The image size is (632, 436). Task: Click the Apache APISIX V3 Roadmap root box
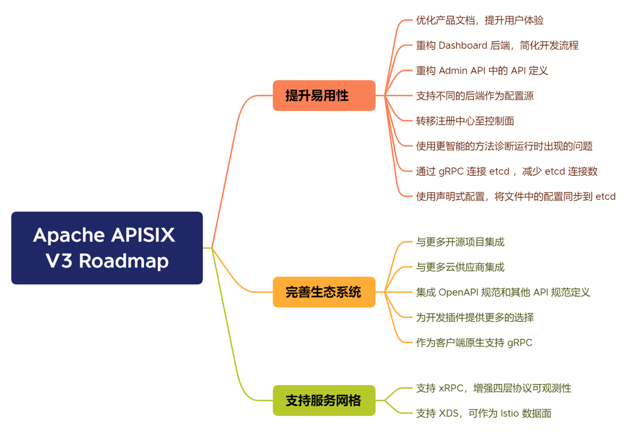(107, 248)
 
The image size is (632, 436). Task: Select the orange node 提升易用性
(324, 95)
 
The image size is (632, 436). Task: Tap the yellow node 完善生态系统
(324, 292)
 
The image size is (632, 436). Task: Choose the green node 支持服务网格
(324, 400)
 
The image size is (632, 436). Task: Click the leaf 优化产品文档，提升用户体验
(479, 20)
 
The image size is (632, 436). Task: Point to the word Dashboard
(463, 45)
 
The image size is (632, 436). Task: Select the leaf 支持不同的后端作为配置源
(474, 96)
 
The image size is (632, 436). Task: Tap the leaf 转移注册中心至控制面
(465, 121)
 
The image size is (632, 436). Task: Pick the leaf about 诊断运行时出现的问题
(504, 146)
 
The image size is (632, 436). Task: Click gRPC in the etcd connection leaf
(451, 171)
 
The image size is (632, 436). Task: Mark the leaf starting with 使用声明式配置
(515, 197)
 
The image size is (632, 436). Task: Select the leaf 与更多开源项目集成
(460, 242)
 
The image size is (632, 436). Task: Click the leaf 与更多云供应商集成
(460, 267)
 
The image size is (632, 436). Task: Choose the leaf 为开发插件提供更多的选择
(474, 317)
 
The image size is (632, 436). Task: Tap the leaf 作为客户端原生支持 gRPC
(474, 343)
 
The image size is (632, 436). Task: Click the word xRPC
(451, 388)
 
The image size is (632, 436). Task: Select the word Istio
(514, 413)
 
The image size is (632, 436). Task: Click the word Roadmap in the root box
(123, 261)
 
